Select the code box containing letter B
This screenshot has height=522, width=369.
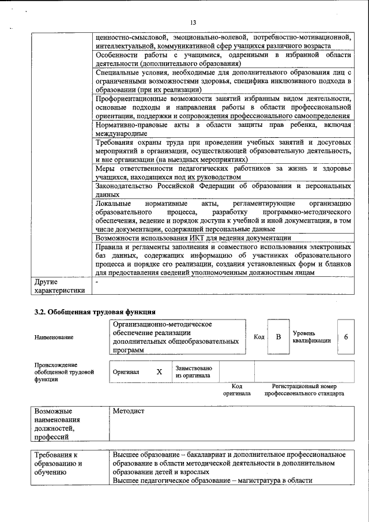(278, 337)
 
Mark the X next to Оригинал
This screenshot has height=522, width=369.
(159, 372)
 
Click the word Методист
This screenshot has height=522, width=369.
(129, 411)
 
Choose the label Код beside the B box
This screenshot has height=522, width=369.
(259, 337)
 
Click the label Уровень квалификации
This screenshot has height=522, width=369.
(311, 337)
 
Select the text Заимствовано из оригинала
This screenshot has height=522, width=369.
(194, 372)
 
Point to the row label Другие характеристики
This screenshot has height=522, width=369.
(59, 287)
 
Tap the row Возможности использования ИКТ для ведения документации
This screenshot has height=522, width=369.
(193, 238)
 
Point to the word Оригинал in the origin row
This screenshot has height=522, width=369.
(126, 372)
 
